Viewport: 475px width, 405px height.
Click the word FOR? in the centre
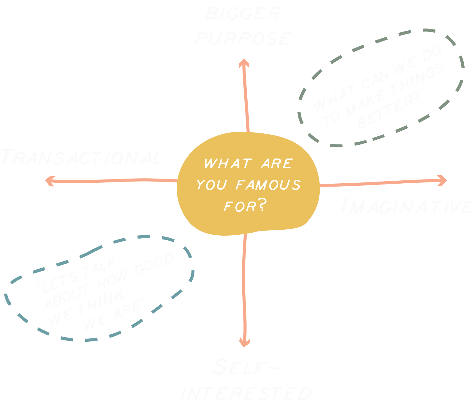[245, 206]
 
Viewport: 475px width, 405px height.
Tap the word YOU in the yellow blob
[211, 185]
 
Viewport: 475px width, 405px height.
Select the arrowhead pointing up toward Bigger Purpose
[244, 63]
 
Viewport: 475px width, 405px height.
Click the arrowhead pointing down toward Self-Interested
[245, 342]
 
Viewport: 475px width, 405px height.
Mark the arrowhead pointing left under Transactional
[50, 181]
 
